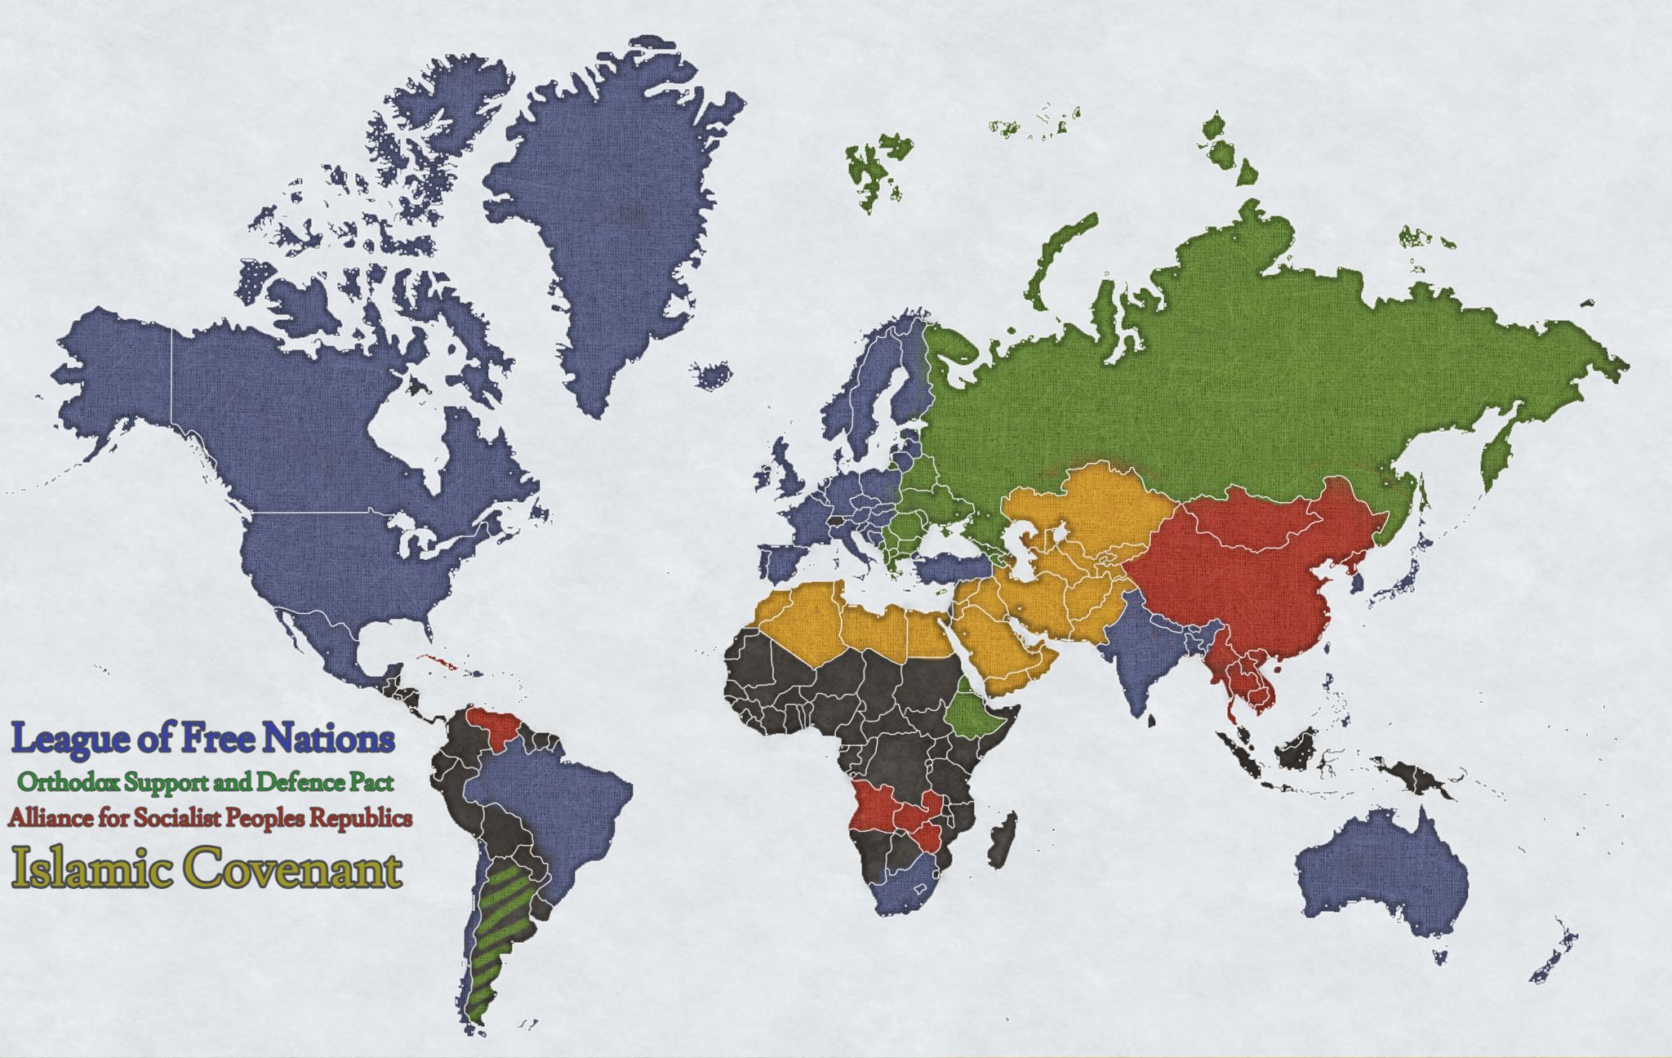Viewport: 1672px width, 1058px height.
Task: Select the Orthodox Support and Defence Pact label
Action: (x=211, y=782)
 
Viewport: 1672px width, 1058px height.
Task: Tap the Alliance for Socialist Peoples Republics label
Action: (x=210, y=817)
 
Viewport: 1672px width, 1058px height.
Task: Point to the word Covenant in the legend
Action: (x=296, y=870)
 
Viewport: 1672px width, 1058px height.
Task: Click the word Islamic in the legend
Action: (x=91, y=870)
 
